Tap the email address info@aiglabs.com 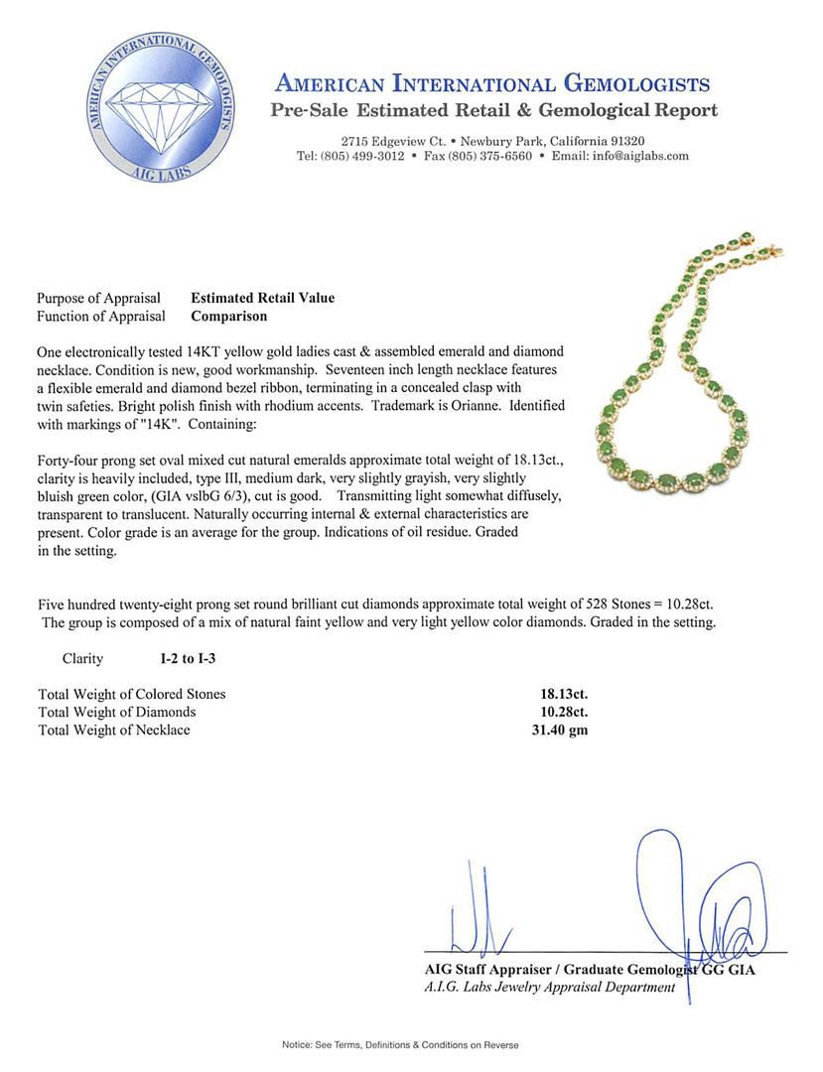tap(639, 156)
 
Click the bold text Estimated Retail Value tap(263, 298)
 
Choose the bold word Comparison tap(228, 317)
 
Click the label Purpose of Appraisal tap(98, 298)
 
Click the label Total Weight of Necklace tap(114, 730)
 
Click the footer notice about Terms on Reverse tap(400, 1045)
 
